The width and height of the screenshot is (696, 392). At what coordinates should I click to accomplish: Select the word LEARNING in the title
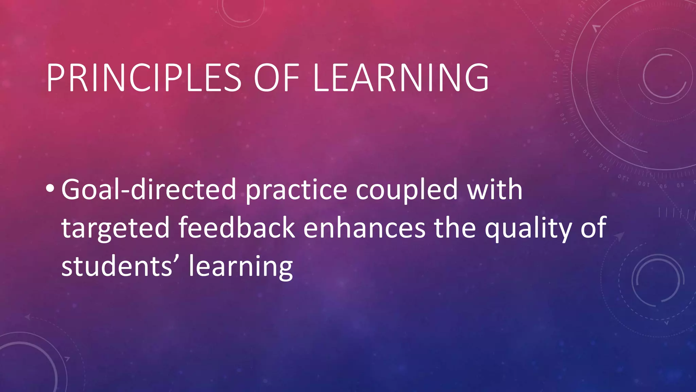[x=401, y=78]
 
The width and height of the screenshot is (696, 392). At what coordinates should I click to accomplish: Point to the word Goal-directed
[x=149, y=190]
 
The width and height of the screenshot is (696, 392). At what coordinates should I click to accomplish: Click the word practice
[x=296, y=191]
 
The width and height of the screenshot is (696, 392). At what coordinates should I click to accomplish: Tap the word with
[x=494, y=190]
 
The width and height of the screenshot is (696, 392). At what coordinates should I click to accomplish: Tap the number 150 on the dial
[x=563, y=119]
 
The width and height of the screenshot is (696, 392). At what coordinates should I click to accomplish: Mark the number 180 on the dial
[x=557, y=55]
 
